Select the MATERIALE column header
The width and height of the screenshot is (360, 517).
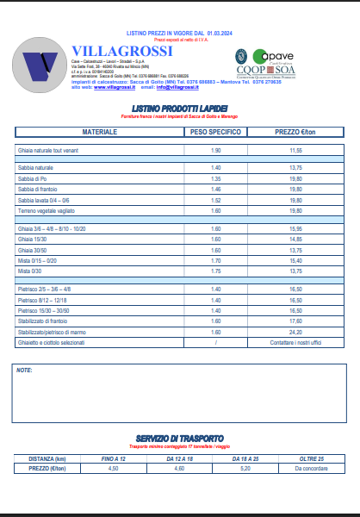(x=99, y=132)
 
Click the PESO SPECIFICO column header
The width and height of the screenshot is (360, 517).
(x=215, y=132)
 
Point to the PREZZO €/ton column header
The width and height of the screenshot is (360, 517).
(x=296, y=132)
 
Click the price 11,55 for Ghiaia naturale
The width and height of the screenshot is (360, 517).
(x=296, y=151)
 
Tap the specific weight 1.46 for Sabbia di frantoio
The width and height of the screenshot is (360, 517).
(x=216, y=189)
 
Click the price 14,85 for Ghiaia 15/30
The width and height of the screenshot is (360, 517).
(x=296, y=239)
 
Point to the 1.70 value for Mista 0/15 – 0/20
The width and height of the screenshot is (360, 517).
(x=216, y=260)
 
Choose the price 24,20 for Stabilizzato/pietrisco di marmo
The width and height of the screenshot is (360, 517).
(x=296, y=332)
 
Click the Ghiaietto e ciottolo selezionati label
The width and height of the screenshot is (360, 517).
(x=53, y=342)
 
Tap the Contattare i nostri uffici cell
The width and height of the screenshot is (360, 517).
(x=296, y=342)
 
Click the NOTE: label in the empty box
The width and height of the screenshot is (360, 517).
(x=24, y=370)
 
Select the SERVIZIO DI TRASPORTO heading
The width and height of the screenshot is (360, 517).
(x=180, y=438)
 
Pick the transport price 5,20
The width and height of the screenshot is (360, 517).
(x=245, y=468)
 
